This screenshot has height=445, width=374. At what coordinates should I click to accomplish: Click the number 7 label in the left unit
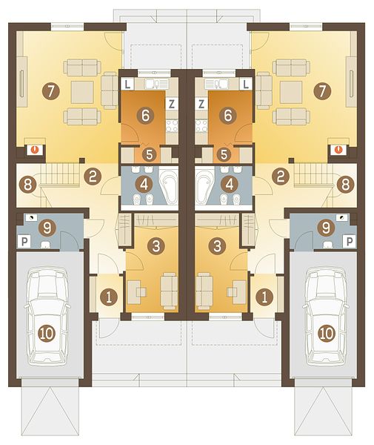[50, 91]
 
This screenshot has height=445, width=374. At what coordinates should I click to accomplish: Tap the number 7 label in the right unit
[322, 91]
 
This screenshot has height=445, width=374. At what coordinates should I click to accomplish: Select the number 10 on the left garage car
[47, 334]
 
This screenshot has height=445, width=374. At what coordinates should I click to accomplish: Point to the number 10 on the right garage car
[327, 334]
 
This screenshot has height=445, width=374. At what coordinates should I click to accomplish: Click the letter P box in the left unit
[24, 242]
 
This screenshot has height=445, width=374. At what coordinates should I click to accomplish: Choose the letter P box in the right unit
[350, 242]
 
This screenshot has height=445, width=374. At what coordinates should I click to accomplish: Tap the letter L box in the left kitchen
[128, 84]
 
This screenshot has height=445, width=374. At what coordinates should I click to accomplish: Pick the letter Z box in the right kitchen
[201, 104]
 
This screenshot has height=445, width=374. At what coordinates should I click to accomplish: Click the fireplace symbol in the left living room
[35, 149]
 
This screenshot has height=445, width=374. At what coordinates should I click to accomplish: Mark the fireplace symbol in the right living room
[338, 149]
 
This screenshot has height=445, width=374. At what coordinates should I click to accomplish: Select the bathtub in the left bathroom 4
[169, 185]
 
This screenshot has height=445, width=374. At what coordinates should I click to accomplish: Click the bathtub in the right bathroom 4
[204, 185]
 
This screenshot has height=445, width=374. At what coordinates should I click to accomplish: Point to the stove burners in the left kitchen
[172, 126]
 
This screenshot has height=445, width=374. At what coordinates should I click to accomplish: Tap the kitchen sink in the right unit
[216, 84]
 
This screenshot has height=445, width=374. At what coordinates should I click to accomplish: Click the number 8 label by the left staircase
[27, 185]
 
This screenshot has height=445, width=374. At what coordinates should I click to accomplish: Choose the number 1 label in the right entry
[264, 297]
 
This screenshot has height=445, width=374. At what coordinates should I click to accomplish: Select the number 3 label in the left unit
[156, 245]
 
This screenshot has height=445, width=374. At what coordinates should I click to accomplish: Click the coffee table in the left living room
[82, 92]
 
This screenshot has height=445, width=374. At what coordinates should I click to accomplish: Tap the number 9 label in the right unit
[326, 228]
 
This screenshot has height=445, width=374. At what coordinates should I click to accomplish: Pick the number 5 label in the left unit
[150, 155]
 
